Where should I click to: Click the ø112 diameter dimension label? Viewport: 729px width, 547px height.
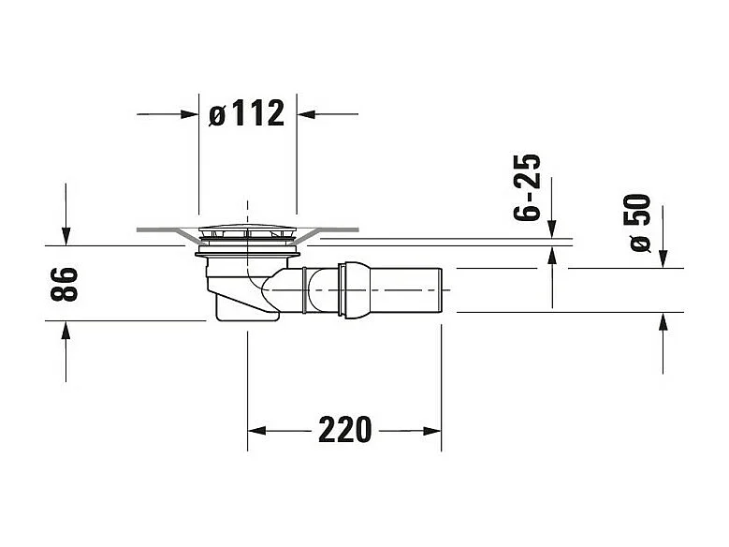(x=247, y=114)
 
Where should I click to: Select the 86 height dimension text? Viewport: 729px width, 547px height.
(x=64, y=284)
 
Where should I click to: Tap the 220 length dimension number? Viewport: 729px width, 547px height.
(x=344, y=431)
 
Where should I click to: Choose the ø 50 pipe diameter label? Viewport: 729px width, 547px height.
(x=640, y=223)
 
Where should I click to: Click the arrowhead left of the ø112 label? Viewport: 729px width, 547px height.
(x=191, y=114)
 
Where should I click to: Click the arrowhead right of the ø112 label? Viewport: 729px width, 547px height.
(x=305, y=114)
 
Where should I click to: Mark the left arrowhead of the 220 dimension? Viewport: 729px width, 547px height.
(x=255, y=431)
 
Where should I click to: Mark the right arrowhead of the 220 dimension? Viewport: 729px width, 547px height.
(x=432, y=431)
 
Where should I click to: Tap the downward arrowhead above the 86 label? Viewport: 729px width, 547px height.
(x=66, y=238)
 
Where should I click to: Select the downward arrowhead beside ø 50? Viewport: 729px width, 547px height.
(x=663, y=259)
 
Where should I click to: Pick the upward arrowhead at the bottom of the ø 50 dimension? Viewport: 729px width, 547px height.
(x=663, y=320)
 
